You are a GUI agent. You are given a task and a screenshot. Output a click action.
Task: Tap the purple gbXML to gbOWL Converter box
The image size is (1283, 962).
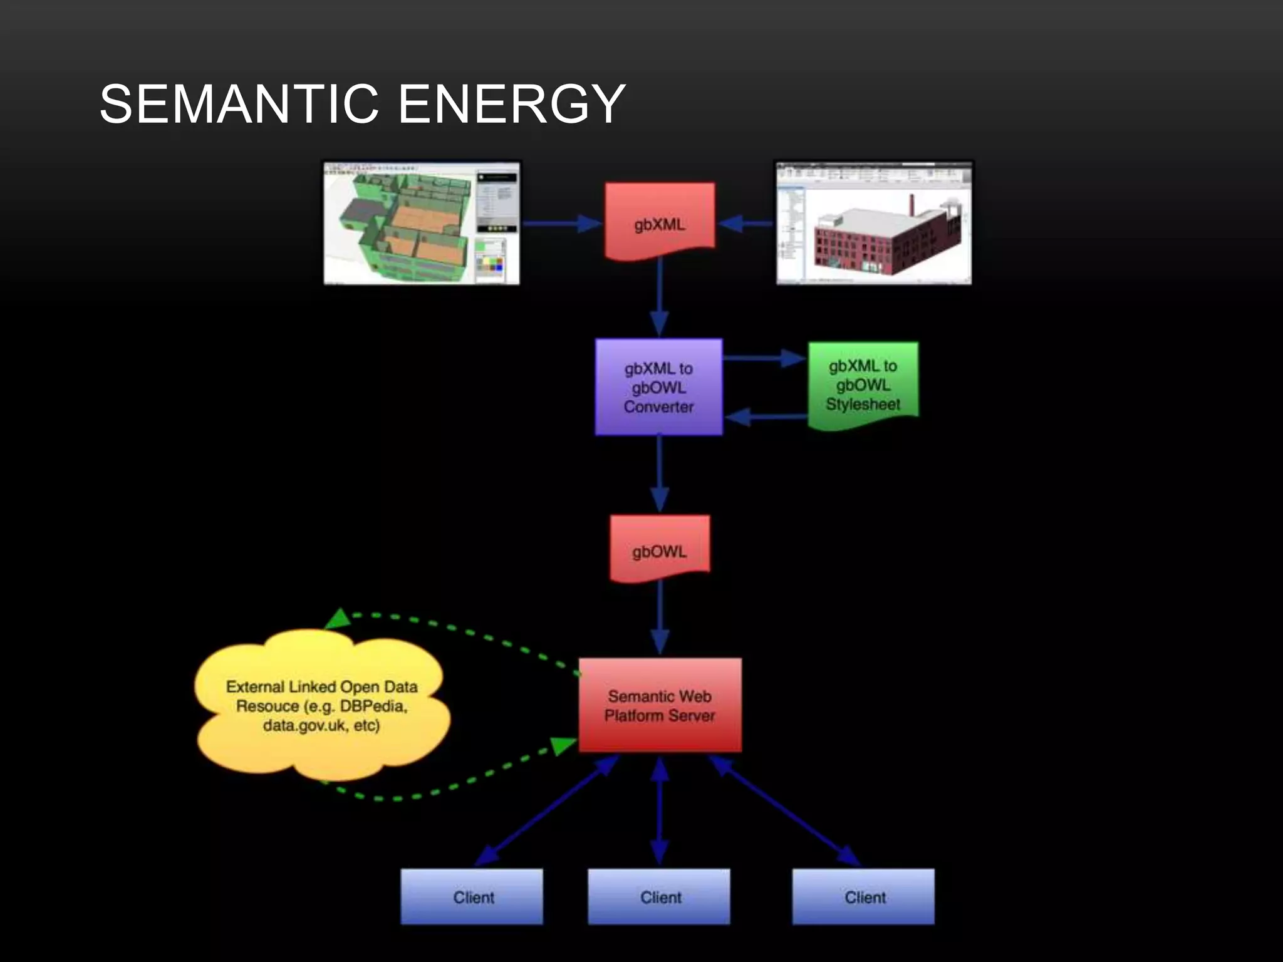pos(658,387)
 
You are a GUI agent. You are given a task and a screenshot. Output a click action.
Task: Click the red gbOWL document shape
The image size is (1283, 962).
pos(660,548)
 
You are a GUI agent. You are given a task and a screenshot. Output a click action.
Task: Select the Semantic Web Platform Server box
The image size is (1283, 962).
pos(660,705)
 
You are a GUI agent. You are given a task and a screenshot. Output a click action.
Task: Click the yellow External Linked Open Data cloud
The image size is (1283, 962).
pos(321,706)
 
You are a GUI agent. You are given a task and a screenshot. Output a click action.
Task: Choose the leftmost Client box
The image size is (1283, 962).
pos(472,896)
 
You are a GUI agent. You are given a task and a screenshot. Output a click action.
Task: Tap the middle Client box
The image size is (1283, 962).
pos(659,896)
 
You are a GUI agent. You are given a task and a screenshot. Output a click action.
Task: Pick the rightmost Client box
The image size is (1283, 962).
pos(863,896)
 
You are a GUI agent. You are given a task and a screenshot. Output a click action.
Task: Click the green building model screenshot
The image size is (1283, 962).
pos(421,223)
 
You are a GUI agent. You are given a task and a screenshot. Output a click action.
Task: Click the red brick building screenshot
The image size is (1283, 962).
pos(874,223)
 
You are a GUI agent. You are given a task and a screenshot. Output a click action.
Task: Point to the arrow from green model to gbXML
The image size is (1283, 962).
pos(561,223)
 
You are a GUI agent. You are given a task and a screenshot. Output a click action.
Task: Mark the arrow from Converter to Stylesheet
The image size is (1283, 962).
pos(764,358)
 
